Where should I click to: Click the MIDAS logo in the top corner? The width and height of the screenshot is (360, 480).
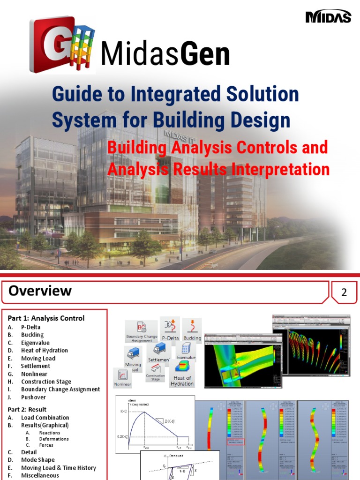click(x=328, y=17)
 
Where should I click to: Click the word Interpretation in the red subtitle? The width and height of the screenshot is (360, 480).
click(x=282, y=169)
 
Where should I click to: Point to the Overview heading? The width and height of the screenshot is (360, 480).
click(x=40, y=291)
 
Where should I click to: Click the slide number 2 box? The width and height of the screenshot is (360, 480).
click(x=344, y=293)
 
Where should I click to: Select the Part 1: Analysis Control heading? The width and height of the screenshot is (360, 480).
click(x=46, y=318)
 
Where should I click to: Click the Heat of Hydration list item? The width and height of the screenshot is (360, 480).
click(x=44, y=350)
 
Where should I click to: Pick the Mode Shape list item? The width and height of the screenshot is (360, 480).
click(x=37, y=460)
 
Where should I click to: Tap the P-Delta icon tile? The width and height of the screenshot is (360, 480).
click(x=171, y=329)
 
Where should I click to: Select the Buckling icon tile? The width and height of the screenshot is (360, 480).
click(x=192, y=329)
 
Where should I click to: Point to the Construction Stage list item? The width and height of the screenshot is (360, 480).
click(x=46, y=382)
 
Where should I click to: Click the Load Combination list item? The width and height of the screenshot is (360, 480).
click(x=45, y=418)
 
